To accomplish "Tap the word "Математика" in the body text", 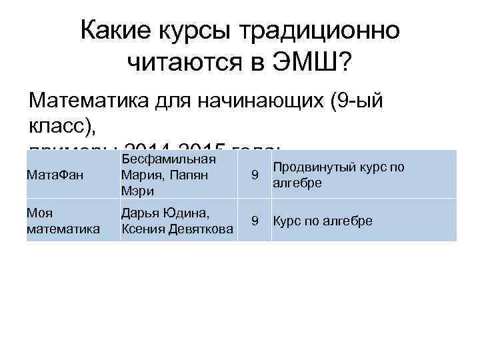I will pyautogui.click(x=93, y=101).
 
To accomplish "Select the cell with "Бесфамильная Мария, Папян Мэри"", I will pyautogui.click(x=178, y=175).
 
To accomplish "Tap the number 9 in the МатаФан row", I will pyautogui.click(x=253, y=175).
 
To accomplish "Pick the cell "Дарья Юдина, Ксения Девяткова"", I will pyautogui.click(x=177, y=220).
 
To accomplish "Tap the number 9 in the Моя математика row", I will pyautogui.click(x=253, y=220).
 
